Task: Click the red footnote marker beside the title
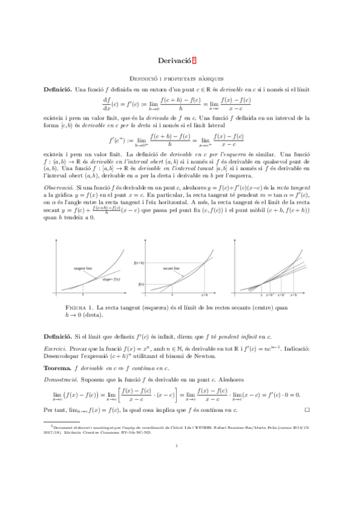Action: [x=194, y=60]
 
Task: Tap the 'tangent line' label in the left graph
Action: [x=84, y=267]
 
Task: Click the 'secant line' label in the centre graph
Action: [x=172, y=269]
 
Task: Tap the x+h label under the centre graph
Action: [x=205, y=295]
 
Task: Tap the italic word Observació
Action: [x=61, y=188]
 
